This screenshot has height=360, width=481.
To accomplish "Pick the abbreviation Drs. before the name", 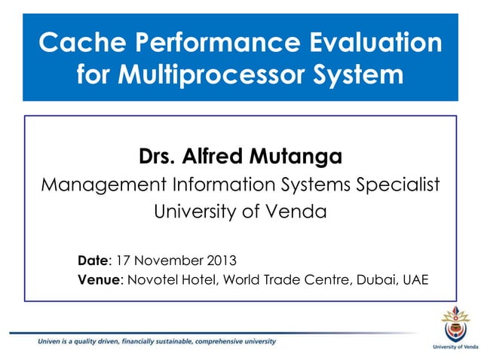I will tap(157, 157).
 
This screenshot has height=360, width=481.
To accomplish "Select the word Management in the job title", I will tap(99, 185).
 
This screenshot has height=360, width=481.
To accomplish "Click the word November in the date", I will tap(170, 262).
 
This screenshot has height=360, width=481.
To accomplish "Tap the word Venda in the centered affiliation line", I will tap(299, 212).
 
